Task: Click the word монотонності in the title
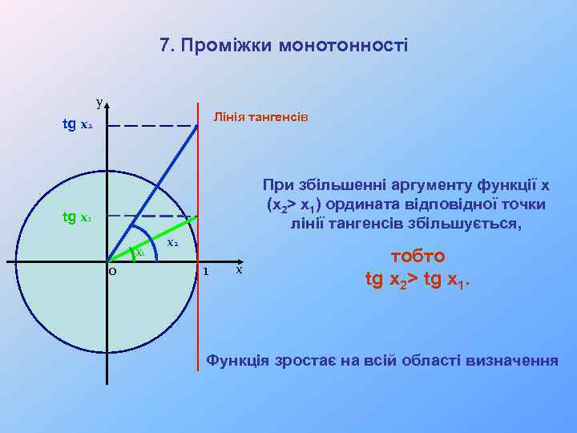pos(344,46)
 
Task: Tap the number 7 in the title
pos(165,46)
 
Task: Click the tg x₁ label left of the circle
pos(78,217)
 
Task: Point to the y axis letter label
pos(99,102)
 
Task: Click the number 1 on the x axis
pos(206,271)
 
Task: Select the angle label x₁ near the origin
pos(139,252)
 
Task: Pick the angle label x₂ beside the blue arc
pos(172,241)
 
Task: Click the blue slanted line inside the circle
pos(152,192)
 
